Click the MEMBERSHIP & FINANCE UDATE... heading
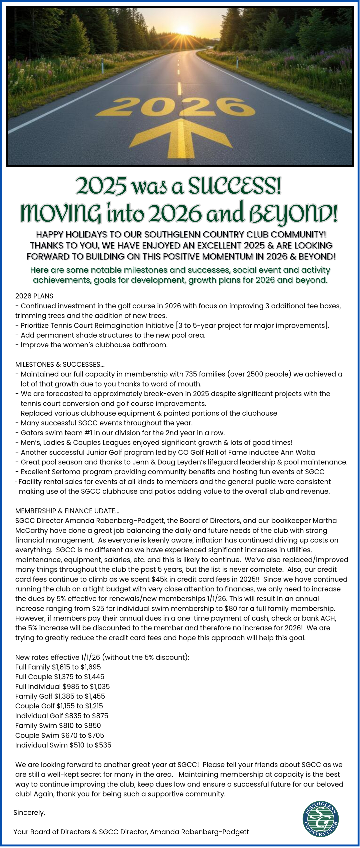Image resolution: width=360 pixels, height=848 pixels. click(67, 511)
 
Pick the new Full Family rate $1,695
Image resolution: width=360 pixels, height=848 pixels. click(93, 667)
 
